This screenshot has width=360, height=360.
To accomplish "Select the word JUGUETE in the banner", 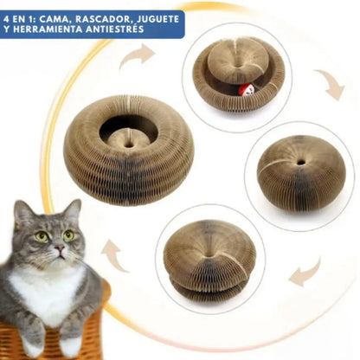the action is (x=157, y=19).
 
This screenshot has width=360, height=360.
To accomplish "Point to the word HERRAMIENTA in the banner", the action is (x=48, y=29).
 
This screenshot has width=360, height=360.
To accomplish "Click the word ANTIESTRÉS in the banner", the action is (x=115, y=29).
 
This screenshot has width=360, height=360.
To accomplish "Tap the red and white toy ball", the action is (x=245, y=90).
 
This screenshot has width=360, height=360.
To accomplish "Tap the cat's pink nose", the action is (x=60, y=247).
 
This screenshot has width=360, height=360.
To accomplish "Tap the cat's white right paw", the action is (x=31, y=346).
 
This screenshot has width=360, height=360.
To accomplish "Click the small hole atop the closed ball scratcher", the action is (x=300, y=163).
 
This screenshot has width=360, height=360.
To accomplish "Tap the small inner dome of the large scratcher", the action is (x=129, y=139).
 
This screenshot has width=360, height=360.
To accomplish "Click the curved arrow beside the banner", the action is (x=138, y=56).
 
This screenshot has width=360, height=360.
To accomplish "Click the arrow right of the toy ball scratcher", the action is (x=331, y=84).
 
